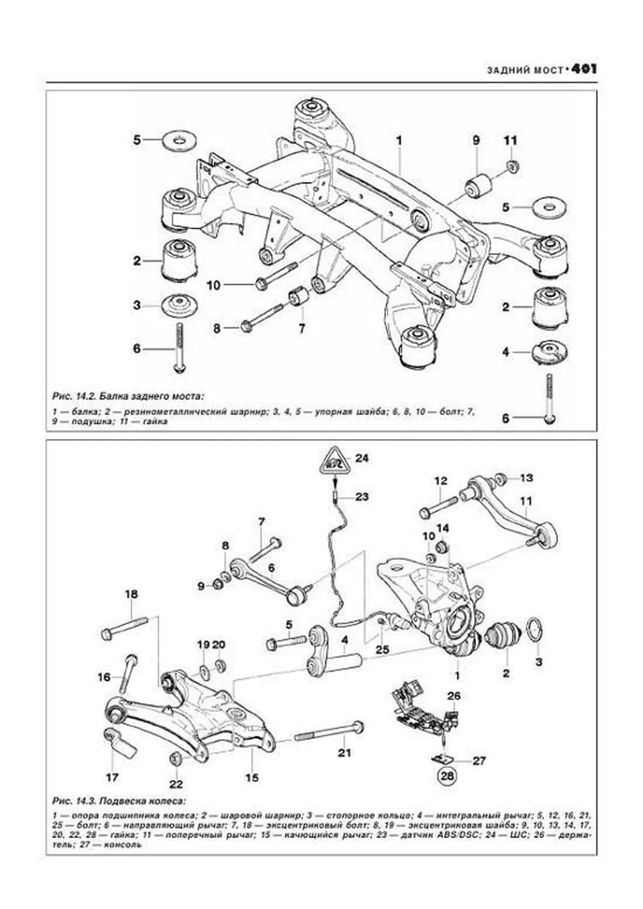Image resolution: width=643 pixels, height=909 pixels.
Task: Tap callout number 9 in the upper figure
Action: tap(476, 141)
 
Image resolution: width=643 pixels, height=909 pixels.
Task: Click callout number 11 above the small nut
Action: tap(510, 141)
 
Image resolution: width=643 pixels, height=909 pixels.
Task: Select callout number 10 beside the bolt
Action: tap(213, 286)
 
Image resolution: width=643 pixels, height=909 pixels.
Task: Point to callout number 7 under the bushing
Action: tap(302, 328)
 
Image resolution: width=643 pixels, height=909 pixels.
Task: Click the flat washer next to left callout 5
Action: tap(178, 141)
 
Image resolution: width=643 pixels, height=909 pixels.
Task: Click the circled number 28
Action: tap(446, 775)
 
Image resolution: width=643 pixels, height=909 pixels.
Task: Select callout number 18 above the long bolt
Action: tap(131, 594)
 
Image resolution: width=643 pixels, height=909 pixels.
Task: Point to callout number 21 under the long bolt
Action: tap(344, 753)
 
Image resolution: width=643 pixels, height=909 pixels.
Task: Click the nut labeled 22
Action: tap(175, 760)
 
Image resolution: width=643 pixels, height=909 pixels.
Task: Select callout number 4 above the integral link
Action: tap(345, 640)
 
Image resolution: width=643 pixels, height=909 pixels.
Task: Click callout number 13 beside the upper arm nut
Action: tap(526, 478)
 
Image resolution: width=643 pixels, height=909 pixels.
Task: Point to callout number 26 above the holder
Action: tap(454, 696)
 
